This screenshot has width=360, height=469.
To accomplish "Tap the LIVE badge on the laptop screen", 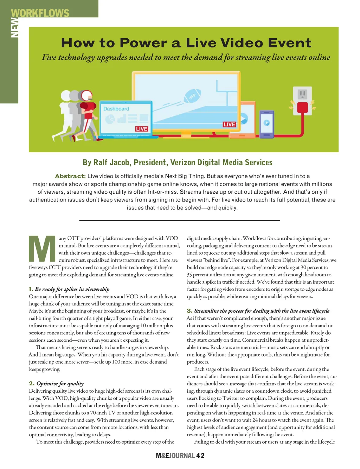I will [141, 129].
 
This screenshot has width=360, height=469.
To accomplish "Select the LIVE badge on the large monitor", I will [229, 124].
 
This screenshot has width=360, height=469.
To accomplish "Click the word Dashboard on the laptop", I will [116, 109].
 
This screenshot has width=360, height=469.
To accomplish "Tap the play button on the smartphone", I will [266, 123].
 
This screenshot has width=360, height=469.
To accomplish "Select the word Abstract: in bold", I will [70, 176].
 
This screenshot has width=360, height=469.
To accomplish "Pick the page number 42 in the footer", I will [200, 456].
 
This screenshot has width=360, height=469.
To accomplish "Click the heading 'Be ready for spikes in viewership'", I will [72, 289].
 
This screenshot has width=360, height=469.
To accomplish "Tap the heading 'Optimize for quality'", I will [60, 384].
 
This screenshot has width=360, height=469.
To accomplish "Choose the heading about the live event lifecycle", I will [262, 311].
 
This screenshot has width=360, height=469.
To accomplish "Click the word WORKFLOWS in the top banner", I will [40, 13].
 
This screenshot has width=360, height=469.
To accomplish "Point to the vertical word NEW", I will [14, 27].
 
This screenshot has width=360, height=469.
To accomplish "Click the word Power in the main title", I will [143, 43].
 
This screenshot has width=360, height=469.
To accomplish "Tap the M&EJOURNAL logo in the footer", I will [175, 456].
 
